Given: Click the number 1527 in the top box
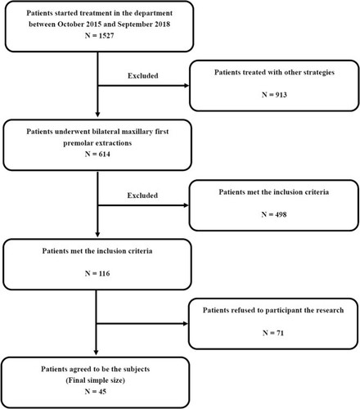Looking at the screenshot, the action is (106, 36).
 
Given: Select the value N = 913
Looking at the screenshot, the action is (274, 95).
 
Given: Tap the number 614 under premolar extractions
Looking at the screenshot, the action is (105, 154).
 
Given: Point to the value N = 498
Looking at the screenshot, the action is (274, 214).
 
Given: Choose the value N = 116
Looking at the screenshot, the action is (97, 273).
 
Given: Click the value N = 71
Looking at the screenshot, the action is (273, 333).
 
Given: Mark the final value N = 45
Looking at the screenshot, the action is (96, 391).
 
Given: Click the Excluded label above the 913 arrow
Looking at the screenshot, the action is (143, 75).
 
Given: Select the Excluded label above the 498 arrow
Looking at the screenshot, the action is (142, 196).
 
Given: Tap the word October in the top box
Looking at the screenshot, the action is (69, 25).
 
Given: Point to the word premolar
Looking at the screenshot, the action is (76, 143).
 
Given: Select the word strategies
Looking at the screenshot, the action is (318, 73).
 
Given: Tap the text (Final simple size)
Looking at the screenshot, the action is (96, 380).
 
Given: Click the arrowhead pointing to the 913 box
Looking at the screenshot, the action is (187, 86).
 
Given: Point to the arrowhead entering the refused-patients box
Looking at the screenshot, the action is (186, 324).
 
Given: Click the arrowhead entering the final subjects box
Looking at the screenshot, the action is (96, 353).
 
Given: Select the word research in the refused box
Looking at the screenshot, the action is (331, 310).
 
